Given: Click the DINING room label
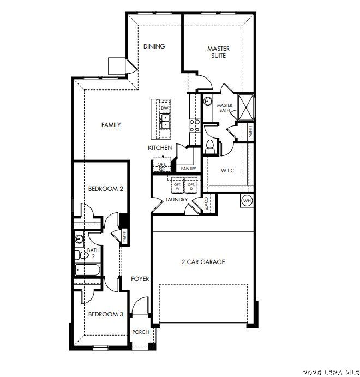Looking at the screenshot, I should click(154, 46).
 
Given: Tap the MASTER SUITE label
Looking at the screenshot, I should click(218, 52).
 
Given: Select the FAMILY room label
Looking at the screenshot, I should click(111, 125).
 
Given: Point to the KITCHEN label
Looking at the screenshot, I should click(160, 148).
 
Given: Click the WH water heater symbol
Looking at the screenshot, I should click(247, 200).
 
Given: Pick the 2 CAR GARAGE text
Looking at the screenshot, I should click(203, 262).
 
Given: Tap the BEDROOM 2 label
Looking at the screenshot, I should click(106, 189).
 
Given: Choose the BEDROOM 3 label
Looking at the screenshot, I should click(106, 314).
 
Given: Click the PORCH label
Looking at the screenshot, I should click(141, 332).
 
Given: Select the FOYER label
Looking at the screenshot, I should click(140, 279).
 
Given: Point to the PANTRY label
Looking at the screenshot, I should click(188, 169).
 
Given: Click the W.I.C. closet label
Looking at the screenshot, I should click(228, 171).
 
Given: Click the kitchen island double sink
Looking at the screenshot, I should click(164, 121).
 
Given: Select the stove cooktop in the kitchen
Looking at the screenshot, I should click(194, 126).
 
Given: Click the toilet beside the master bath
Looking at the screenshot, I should click(210, 146).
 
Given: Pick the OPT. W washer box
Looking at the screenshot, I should click(177, 186).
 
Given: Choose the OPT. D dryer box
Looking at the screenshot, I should click(191, 186).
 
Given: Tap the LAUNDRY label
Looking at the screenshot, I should click(177, 200).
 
